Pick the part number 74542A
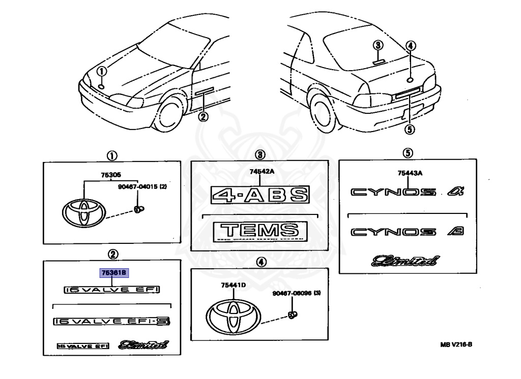click(262, 172)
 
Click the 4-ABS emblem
click(260, 195)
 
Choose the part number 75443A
click(411, 173)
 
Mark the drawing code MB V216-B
click(456, 344)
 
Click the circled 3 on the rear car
click(377, 45)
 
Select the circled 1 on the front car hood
click(102, 71)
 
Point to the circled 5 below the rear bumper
click(409, 130)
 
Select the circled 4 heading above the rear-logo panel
click(260, 262)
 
